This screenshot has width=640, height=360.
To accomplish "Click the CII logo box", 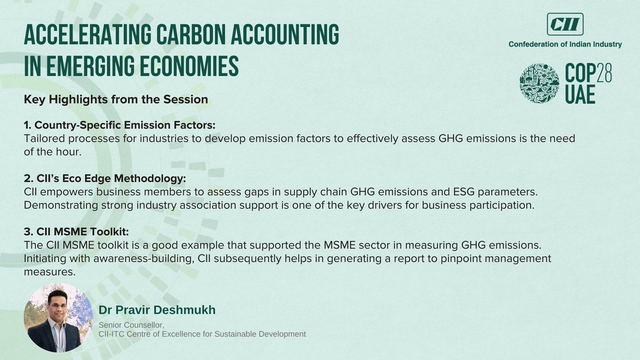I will coord(565,24).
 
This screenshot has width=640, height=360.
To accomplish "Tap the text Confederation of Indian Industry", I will coord(565,45).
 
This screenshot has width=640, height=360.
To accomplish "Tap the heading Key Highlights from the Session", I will coord(116,99).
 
